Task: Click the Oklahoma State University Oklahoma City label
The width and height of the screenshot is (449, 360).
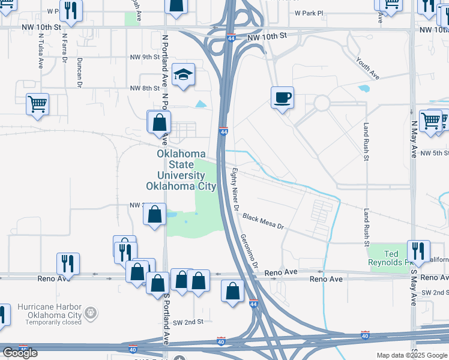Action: (x=187, y=170)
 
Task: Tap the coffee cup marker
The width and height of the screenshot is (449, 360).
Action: (x=282, y=97)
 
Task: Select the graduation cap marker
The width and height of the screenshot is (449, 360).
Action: (x=183, y=75)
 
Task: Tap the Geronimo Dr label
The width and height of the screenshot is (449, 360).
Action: (x=249, y=251)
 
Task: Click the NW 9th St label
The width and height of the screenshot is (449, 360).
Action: (x=145, y=57)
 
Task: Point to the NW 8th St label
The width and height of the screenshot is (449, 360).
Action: (x=145, y=88)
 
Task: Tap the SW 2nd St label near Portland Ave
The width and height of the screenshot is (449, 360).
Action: (x=185, y=322)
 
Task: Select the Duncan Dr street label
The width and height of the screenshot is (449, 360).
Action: (x=79, y=73)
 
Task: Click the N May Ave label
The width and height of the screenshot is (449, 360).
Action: (x=414, y=138)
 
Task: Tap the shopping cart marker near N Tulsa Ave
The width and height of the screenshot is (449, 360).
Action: (x=37, y=103)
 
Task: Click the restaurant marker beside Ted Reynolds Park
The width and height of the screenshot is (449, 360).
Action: (x=418, y=250)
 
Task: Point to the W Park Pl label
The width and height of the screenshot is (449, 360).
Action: (x=309, y=12)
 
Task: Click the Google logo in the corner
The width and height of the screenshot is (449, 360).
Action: (x=20, y=353)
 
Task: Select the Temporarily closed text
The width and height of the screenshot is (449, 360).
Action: (x=53, y=322)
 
